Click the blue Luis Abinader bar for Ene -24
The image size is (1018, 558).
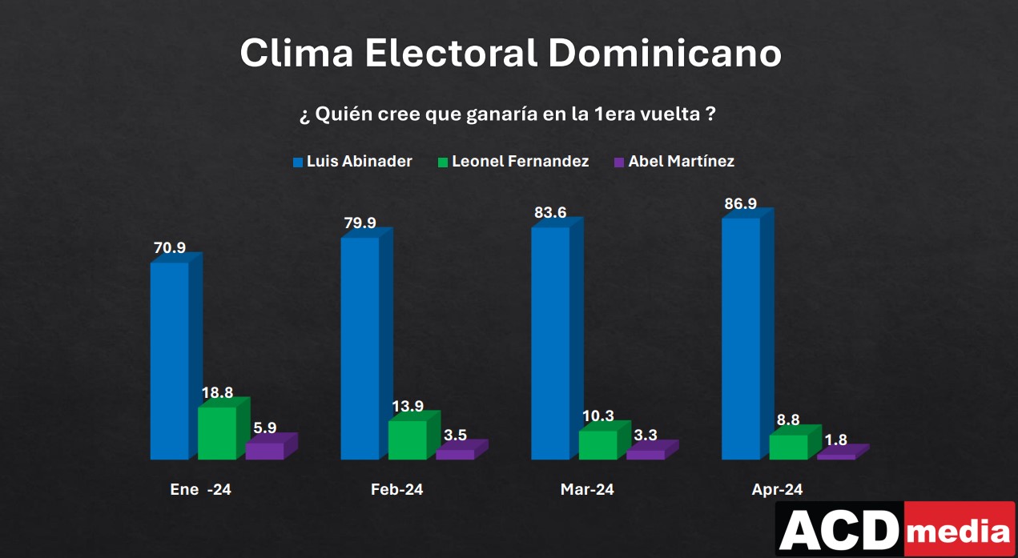pos(170,360)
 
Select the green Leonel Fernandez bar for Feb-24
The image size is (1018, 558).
pos(408,440)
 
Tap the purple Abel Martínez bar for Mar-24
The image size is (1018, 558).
pos(646,454)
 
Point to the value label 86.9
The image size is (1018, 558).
pos(740,204)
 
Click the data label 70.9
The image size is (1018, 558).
pos(169,248)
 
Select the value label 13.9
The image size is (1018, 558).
pos(408,406)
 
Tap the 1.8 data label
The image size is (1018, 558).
pos(835,440)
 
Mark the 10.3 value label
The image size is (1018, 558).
pos(598,415)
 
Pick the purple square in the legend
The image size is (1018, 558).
pos(618,163)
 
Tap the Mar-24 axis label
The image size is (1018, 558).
pos(587,490)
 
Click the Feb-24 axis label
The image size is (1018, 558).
pos(396,490)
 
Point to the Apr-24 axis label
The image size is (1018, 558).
pos(777,490)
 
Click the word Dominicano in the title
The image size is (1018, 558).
pos(665,54)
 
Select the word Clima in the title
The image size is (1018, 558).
pos(296,54)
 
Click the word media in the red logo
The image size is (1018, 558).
pos(960,531)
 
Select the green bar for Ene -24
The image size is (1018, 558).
pos(217,432)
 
